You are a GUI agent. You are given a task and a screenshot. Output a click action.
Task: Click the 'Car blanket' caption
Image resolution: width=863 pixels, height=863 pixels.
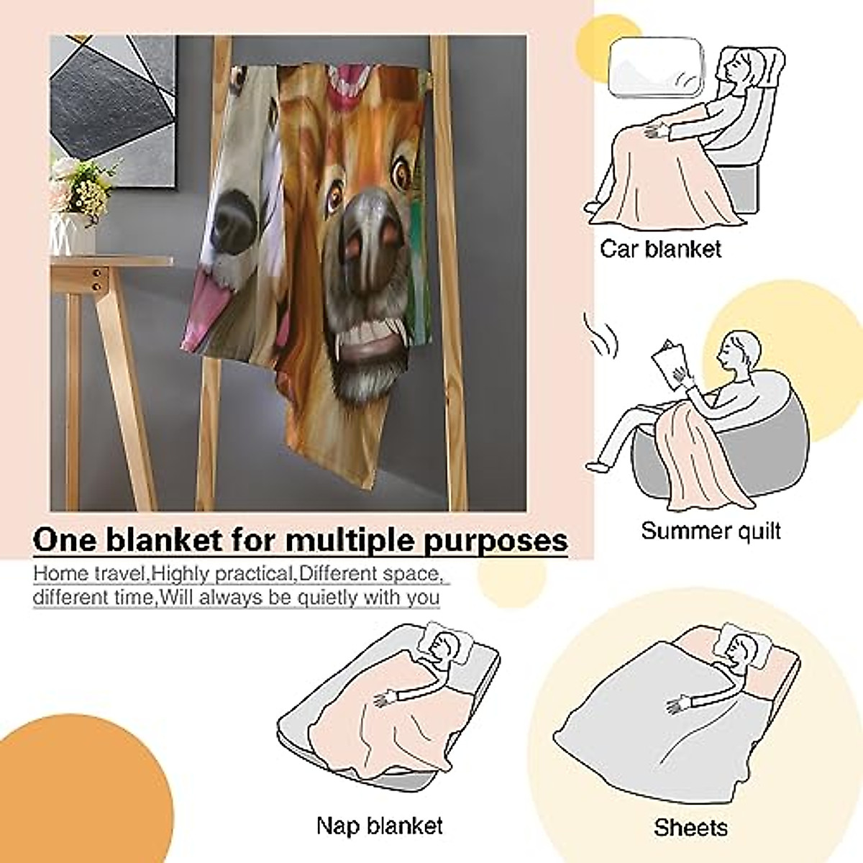[660, 250]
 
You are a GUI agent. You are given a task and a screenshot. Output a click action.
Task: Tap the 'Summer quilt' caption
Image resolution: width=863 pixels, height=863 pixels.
[711, 531]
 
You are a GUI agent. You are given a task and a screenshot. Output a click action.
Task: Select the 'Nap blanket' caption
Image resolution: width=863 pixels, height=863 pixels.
[379, 826]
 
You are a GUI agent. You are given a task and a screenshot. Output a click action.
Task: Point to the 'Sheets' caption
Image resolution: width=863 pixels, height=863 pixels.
[690, 827]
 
